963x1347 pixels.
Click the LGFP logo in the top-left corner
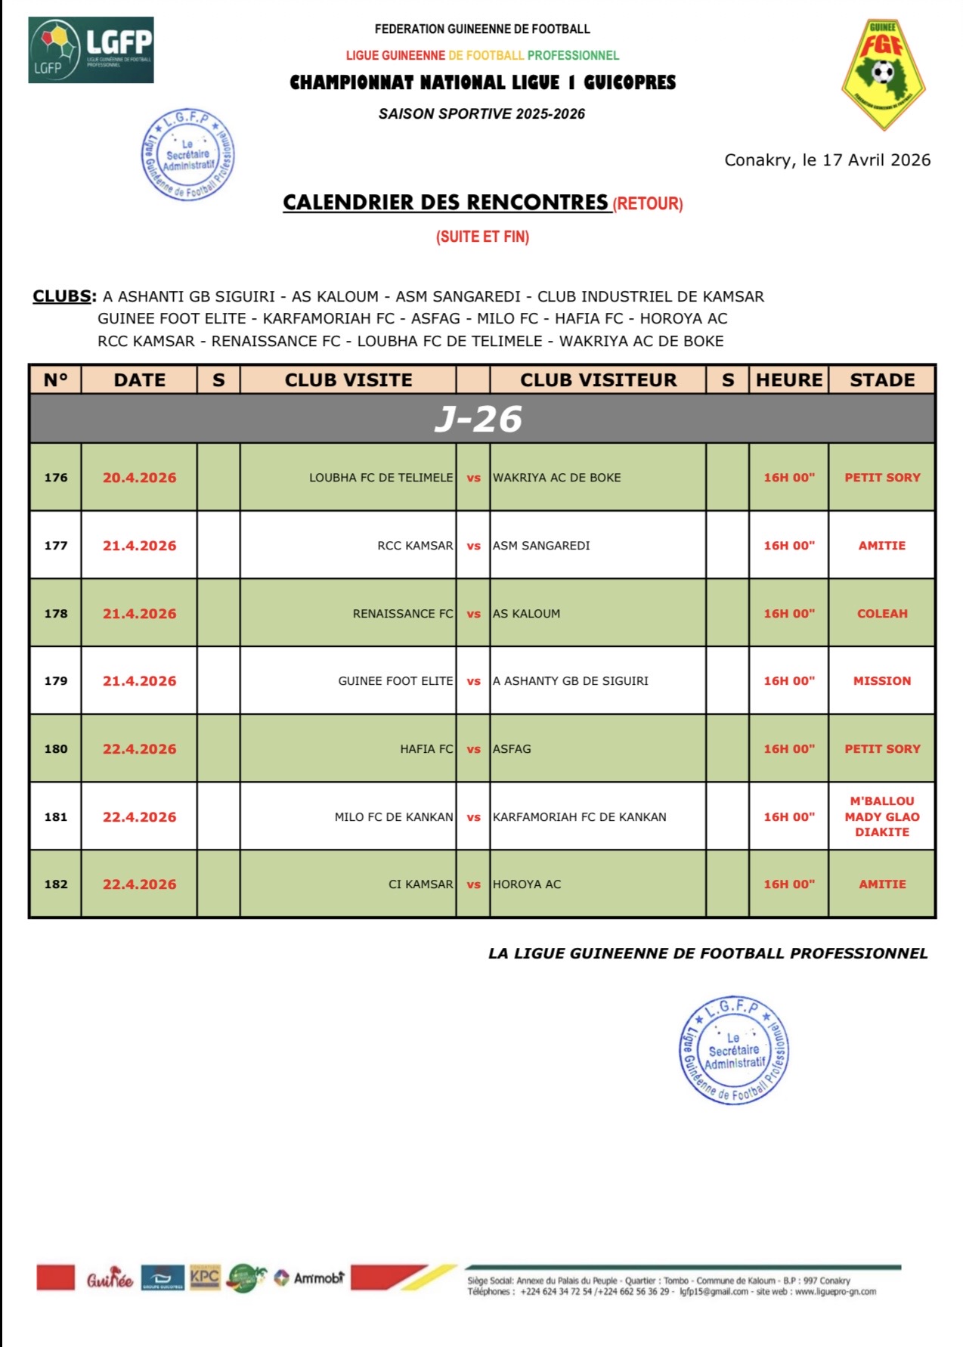91,50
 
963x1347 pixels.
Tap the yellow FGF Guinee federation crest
883,74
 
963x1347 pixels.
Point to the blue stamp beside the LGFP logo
188,155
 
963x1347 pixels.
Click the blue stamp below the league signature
733,1050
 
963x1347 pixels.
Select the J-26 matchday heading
478,419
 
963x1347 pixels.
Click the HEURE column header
789,379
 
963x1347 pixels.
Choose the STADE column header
882,379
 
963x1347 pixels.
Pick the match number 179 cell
56,681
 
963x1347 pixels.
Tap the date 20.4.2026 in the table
140,478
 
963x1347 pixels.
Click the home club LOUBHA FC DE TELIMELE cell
381,478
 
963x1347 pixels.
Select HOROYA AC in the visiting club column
527,884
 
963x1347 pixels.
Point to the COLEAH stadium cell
882,614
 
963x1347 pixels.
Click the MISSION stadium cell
882,681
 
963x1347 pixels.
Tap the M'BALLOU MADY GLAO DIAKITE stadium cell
882,816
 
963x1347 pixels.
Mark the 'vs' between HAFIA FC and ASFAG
474,749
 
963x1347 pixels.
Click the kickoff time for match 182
789,884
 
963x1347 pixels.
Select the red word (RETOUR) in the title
648,204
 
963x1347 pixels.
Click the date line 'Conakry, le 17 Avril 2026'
828,160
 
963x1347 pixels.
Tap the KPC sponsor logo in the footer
205,1277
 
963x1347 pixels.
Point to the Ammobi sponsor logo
310,1278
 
